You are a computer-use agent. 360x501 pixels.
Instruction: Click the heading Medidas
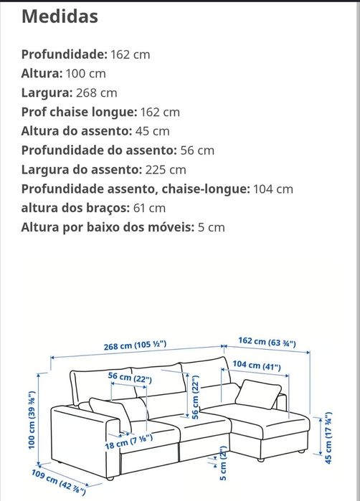coord(60,16)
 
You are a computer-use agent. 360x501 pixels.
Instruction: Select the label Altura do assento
coord(77,131)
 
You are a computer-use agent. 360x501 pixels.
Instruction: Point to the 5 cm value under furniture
coord(212,227)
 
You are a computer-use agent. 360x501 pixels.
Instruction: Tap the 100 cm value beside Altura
coord(87,73)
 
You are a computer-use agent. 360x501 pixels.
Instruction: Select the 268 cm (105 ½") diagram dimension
coord(134,345)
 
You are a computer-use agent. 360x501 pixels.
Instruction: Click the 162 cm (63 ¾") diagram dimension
coord(266,342)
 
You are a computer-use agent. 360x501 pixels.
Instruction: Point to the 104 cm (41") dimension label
coord(256,366)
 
